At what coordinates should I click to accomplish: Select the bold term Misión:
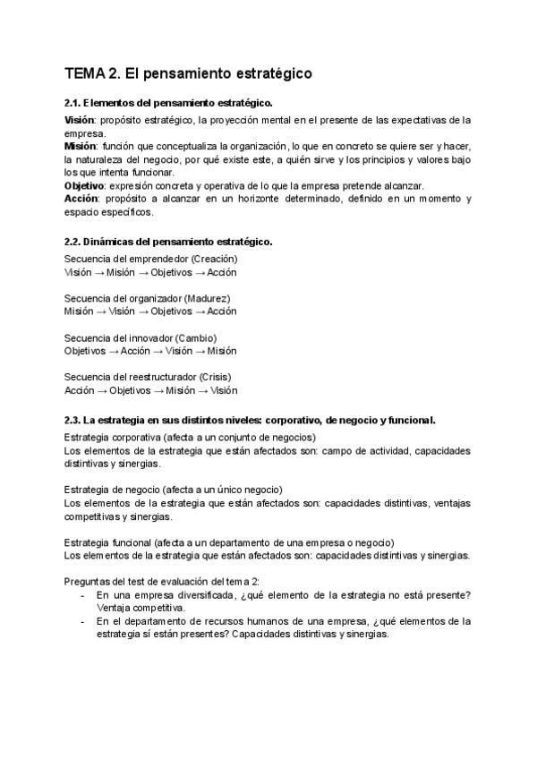(x=81, y=146)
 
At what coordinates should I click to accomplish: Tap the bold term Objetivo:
(x=87, y=186)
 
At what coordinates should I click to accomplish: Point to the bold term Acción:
(x=82, y=199)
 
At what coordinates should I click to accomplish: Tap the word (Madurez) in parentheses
(x=205, y=298)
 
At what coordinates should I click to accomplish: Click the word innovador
(x=146, y=337)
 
